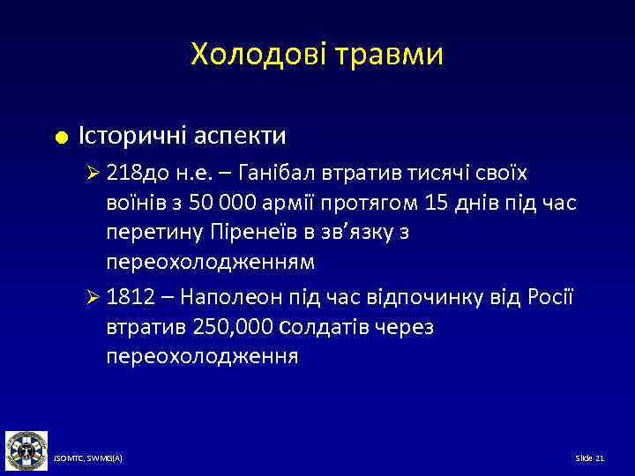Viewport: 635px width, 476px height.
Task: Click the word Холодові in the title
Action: pyautogui.click(x=256, y=55)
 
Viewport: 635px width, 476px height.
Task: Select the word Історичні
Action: pyautogui.click(x=134, y=136)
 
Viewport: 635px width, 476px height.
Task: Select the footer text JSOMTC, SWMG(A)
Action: pyautogui.click(x=87, y=460)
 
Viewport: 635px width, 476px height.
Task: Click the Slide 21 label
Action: pyautogui.click(x=589, y=460)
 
